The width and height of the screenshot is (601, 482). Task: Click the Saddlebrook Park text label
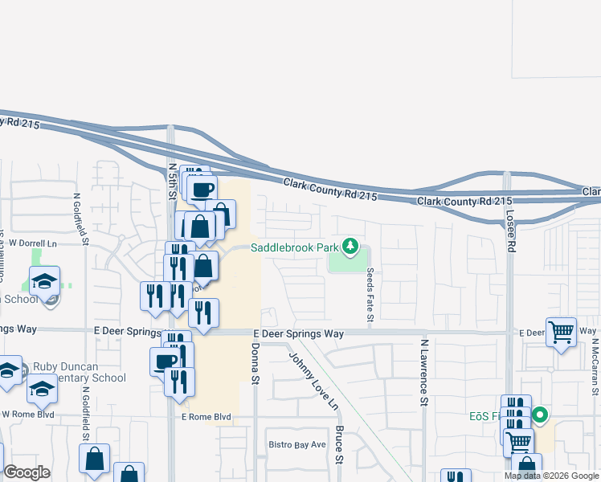point(294,247)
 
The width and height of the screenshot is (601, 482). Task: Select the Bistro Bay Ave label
point(296,444)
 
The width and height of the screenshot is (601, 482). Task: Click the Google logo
point(27,472)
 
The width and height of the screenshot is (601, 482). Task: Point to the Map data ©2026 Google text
point(550,476)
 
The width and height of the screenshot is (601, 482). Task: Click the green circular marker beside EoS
point(541,415)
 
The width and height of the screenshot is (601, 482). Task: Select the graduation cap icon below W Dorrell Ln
point(45,281)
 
